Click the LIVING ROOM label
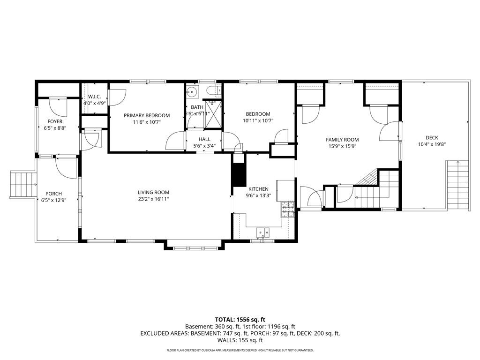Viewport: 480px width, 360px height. click(153, 192)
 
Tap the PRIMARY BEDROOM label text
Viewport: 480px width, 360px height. click(147, 115)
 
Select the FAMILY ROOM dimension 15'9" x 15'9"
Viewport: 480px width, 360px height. click(342, 146)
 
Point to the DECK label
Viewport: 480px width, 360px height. click(432, 138)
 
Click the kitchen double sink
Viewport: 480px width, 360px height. click(262, 232)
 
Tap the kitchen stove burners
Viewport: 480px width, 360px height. click(287, 210)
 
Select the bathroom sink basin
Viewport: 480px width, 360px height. click(192, 91)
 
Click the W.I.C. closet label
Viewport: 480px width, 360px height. click(95, 97)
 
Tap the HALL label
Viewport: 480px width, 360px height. click(204, 139)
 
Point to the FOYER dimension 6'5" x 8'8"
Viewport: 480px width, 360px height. click(55, 128)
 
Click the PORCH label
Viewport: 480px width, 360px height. click(53, 194)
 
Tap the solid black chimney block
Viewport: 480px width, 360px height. click(239, 174)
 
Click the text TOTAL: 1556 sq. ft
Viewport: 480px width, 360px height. click(240, 319)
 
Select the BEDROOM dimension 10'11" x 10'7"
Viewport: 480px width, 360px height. click(258, 120)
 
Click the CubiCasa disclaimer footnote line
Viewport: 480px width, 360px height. click(240, 350)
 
